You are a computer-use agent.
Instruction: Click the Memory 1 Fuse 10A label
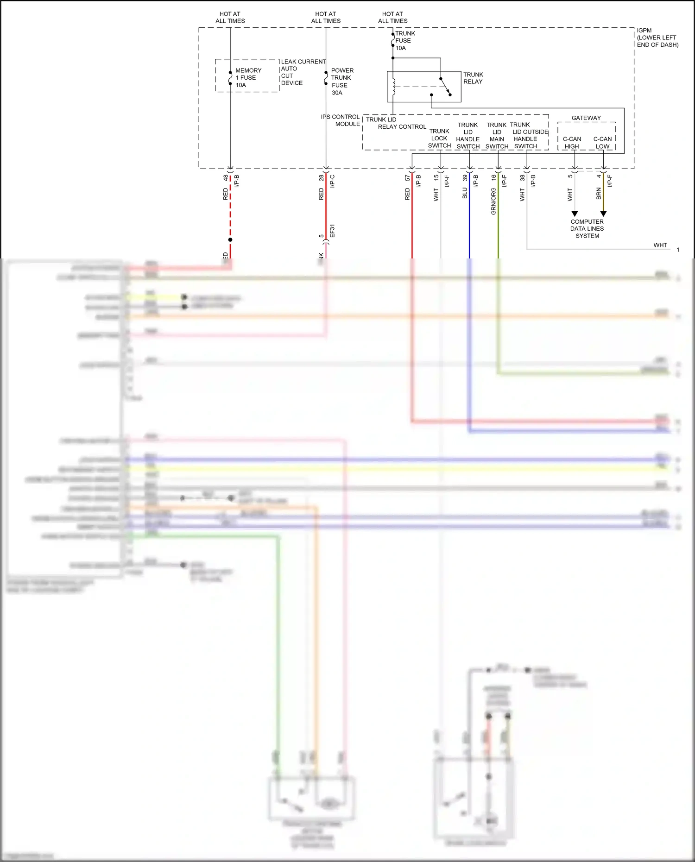point(248,78)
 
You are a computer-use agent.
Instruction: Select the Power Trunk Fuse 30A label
point(342,82)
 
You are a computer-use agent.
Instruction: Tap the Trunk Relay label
point(473,78)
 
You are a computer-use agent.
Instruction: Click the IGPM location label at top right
point(657,38)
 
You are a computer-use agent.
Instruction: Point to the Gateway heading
point(586,118)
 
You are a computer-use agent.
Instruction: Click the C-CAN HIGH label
point(572,143)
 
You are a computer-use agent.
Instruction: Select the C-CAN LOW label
point(602,143)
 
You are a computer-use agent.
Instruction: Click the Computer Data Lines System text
point(587,229)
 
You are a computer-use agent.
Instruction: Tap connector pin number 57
point(407,177)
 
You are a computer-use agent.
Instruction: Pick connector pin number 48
point(226,177)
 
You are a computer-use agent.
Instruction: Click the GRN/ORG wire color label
point(493,201)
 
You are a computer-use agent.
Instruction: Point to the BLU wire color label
point(465,193)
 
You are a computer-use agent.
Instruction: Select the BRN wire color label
point(599,194)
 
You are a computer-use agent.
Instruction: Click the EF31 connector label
point(332,231)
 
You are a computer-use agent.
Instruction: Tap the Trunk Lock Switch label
point(439,138)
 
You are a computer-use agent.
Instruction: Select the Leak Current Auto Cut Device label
point(303,72)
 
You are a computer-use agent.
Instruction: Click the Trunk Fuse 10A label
point(404,41)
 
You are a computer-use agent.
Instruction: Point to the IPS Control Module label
point(341,120)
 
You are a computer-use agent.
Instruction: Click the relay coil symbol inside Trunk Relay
point(393,87)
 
